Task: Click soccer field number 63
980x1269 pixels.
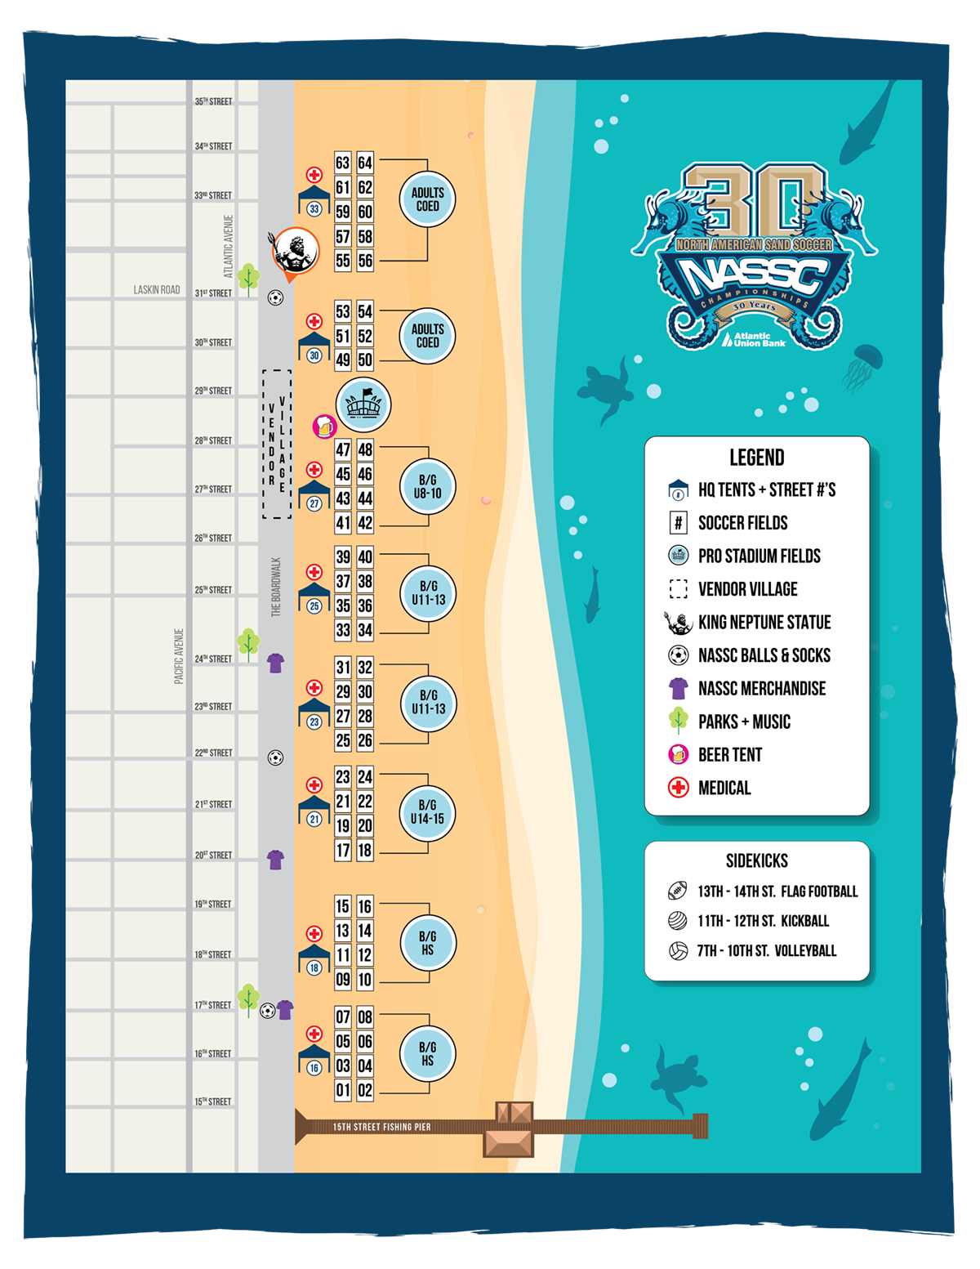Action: coord(343,163)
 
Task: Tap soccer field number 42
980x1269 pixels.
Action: coord(365,523)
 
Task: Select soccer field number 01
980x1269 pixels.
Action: coord(343,1090)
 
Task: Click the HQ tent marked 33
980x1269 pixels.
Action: coord(314,200)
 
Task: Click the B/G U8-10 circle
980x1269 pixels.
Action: coord(428,486)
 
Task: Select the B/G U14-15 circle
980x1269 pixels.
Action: coord(427,811)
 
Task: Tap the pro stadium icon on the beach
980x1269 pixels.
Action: coord(363,404)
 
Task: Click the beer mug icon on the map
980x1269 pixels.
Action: coord(324,426)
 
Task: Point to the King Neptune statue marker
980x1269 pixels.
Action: coord(293,252)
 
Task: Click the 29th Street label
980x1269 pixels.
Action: coord(213,391)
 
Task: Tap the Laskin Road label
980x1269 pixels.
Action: coord(157,290)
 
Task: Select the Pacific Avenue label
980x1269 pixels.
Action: coord(179,655)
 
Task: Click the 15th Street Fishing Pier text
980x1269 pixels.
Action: coord(381,1127)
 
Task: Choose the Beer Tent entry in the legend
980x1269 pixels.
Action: coord(729,755)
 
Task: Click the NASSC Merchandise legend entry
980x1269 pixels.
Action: coord(761,689)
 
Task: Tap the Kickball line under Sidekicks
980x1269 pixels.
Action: coord(763,921)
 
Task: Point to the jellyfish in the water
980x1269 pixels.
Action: coord(862,365)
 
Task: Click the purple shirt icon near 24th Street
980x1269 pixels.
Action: coord(276,663)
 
